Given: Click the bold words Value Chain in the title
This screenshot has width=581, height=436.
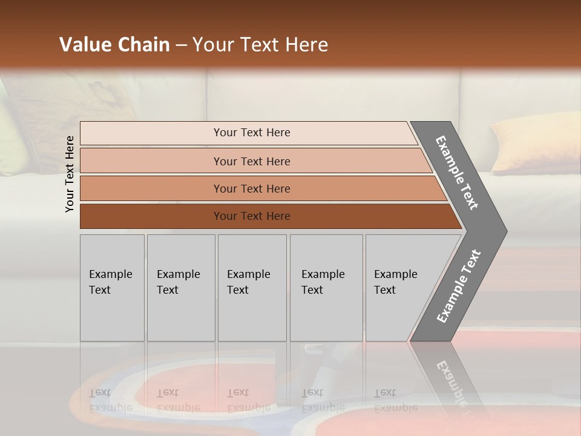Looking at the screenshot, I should [114, 45].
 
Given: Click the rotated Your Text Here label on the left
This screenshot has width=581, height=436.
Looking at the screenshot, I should [70, 174].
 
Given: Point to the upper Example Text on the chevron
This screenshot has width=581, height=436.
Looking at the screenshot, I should [457, 173].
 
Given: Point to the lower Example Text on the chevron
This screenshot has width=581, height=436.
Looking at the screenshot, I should [458, 286].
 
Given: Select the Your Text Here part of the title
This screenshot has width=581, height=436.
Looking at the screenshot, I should [260, 45].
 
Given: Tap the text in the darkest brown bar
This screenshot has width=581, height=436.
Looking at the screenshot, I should [252, 216].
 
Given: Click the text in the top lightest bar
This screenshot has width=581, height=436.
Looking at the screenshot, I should [252, 133].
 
